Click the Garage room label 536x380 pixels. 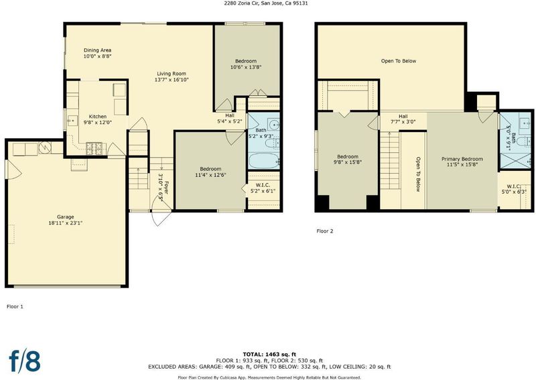[x=65, y=217]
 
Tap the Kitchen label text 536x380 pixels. [x=97, y=117]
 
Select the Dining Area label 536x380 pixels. [x=97, y=50]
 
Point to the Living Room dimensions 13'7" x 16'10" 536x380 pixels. [x=172, y=80]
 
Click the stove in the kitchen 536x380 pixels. [x=94, y=148]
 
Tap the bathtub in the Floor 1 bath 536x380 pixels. [x=263, y=161]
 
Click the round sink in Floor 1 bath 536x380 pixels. [x=273, y=125]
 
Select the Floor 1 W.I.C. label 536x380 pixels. [x=263, y=185]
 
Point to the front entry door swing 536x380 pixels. [x=161, y=213]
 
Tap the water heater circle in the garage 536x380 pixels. [x=45, y=147]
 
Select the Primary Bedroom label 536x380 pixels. [x=462, y=159]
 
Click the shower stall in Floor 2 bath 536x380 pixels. [x=515, y=161]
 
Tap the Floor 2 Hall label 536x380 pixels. [x=403, y=117]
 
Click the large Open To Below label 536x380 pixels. [x=399, y=61]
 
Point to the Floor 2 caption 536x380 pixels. [x=325, y=231]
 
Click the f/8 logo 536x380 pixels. [x=25, y=361]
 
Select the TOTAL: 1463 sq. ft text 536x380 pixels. [x=269, y=355]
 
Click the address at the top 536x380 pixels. [x=263, y=3]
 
